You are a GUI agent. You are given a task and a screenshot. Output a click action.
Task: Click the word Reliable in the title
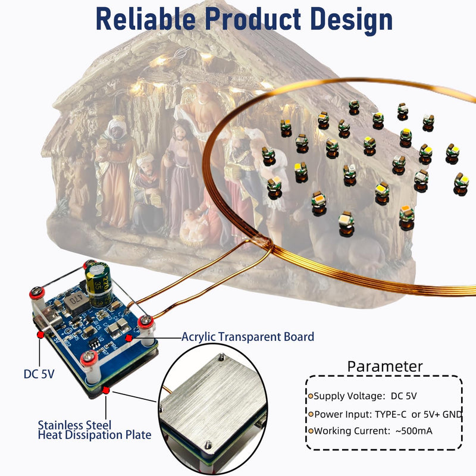145,19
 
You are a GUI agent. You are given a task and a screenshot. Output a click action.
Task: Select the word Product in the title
253,19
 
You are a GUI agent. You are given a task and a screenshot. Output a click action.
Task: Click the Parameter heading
384,367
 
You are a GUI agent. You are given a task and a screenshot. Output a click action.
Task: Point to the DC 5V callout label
39,374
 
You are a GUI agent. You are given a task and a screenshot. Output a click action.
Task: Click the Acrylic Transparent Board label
248,337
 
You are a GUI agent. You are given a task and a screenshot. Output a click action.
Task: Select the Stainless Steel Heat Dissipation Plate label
95,430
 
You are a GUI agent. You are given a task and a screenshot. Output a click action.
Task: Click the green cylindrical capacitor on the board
99,285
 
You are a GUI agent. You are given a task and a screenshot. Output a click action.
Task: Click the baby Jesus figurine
193,225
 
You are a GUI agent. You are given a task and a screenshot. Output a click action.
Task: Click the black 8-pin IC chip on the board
95,343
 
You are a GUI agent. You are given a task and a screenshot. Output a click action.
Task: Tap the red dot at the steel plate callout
106,390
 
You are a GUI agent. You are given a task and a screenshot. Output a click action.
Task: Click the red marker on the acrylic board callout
129,337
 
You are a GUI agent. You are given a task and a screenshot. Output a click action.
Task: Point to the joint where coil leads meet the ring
264,242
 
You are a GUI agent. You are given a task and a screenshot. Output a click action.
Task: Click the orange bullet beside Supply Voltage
311,396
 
